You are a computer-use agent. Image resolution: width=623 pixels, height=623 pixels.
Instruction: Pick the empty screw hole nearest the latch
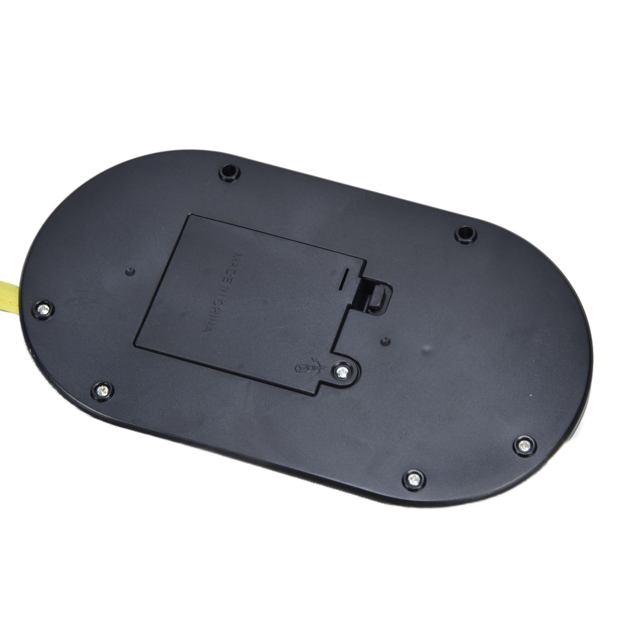coord(465,234)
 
